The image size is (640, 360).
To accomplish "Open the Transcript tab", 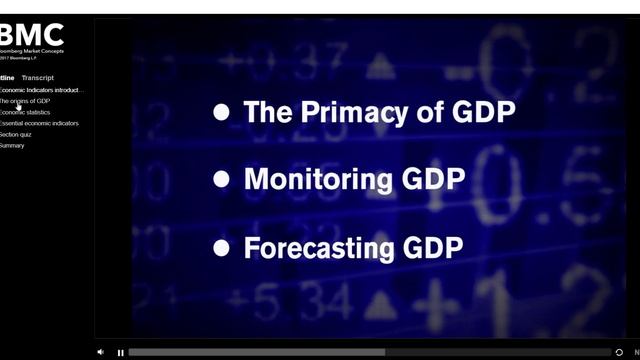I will click(x=38, y=78).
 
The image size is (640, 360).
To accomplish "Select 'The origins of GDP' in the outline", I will click(x=25, y=101).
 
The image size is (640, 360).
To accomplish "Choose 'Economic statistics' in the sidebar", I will click(x=25, y=112).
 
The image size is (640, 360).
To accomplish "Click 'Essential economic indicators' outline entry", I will click(x=39, y=123).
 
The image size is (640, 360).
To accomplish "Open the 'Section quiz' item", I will click(x=16, y=134).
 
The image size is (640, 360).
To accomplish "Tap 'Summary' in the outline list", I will click(x=12, y=145).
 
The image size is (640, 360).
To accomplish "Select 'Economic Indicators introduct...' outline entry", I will click(x=42, y=90).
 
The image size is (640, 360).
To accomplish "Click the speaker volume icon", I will click(x=100, y=352).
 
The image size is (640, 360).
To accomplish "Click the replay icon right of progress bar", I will click(x=620, y=352).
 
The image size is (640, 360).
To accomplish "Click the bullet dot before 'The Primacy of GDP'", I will click(x=222, y=113).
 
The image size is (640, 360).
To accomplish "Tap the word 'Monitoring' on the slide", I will click(x=304, y=180).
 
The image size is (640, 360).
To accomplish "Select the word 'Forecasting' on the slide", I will click(x=317, y=247).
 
